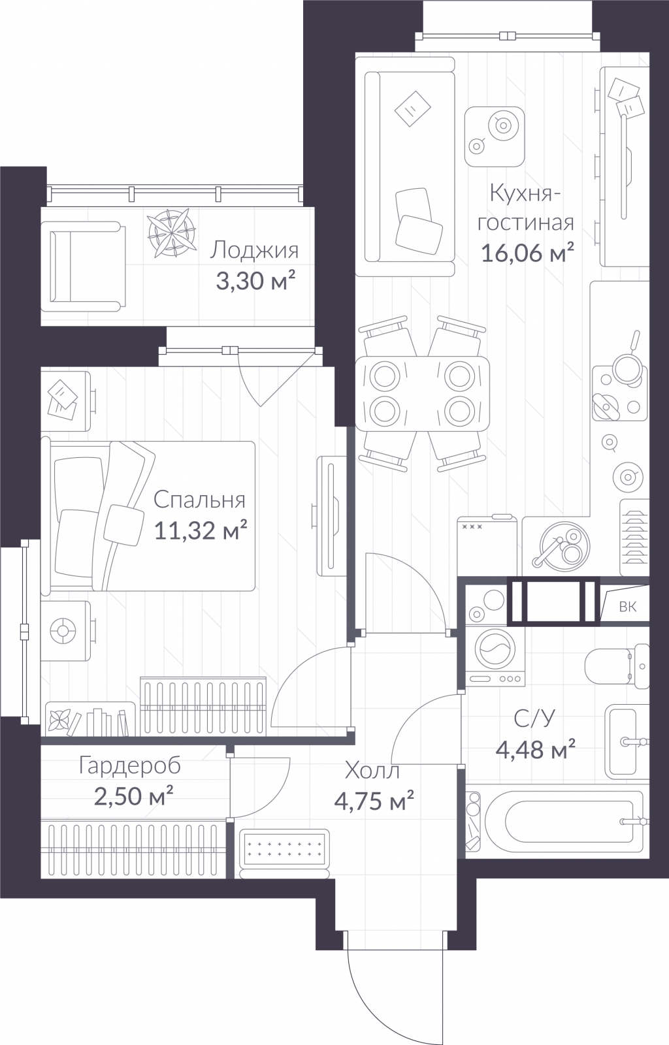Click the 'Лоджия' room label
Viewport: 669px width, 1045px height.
(x=253, y=251)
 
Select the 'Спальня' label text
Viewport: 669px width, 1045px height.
(x=199, y=500)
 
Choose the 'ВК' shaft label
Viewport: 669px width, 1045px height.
(x=627, y=607)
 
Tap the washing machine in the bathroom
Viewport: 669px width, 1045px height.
(x=495, y=656)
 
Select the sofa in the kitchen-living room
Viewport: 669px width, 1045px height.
(x=405, y=166)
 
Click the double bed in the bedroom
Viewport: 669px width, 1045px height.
(x=148, y=517)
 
